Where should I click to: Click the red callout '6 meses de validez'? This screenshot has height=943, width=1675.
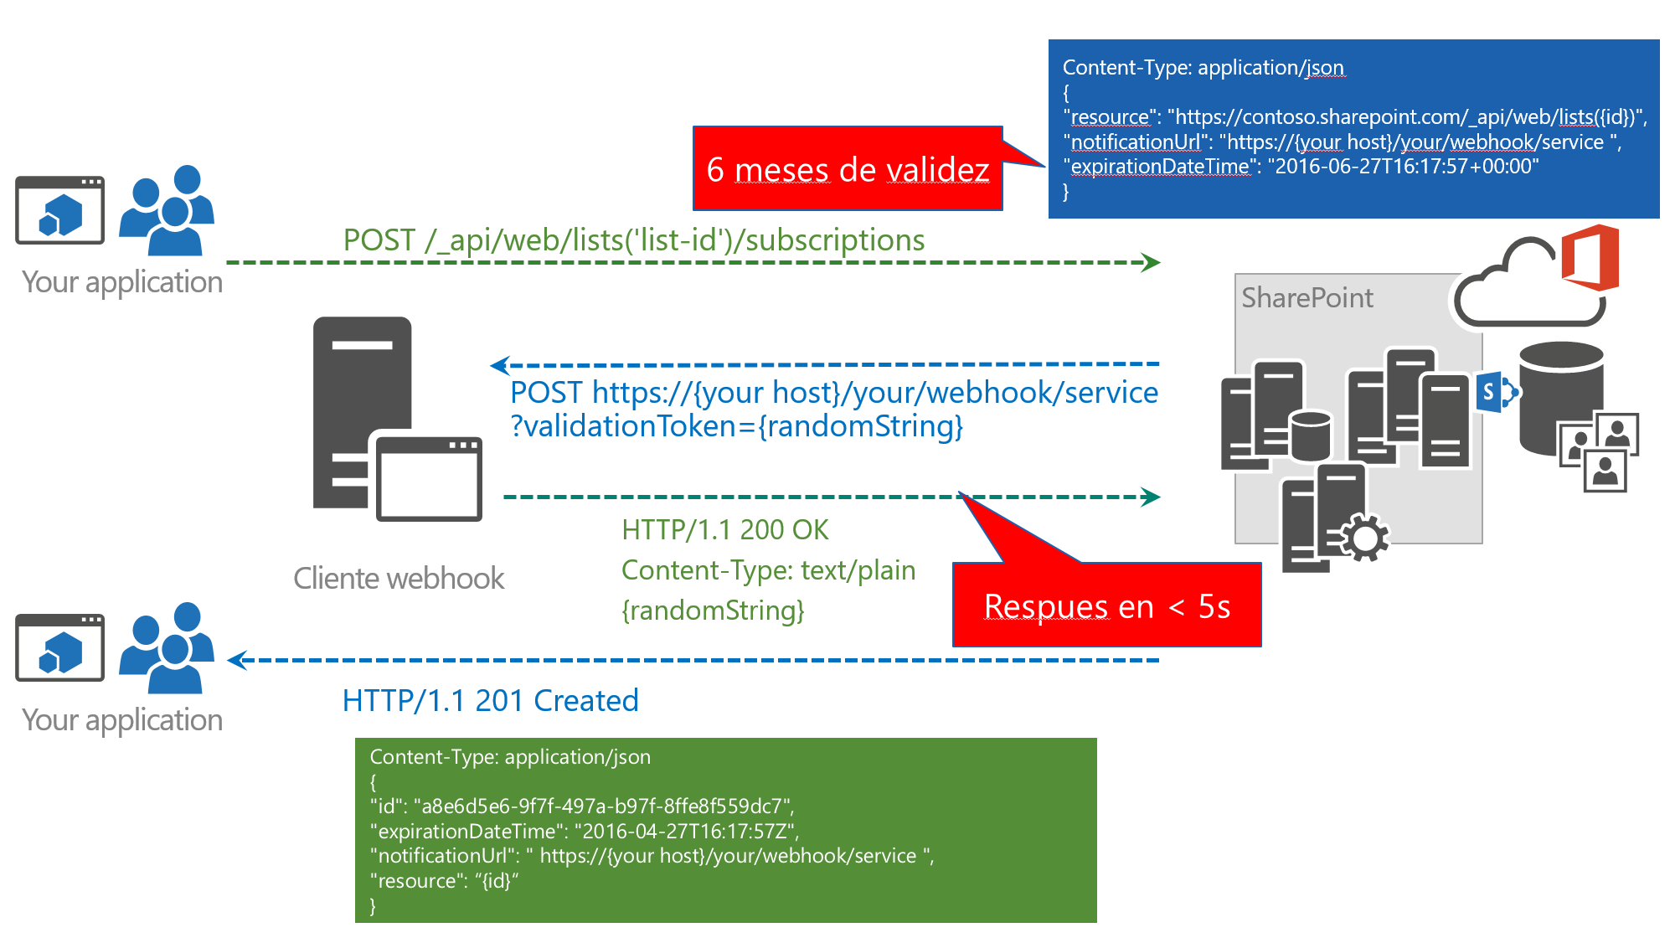click(x=848, y=169)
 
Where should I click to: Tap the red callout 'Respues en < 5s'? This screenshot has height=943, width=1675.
click(x=1106, y=605)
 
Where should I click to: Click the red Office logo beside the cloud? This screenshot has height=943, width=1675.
click(x=1590, y=257)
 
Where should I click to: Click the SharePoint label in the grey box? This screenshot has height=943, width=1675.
click(x=1306, y=298)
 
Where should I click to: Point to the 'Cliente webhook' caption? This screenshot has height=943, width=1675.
click(x=399, y=579)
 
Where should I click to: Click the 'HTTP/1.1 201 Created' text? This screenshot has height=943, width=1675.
click(x=490, y=700)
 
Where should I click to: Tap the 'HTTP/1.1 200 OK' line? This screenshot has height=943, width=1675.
click(x=724, y=529)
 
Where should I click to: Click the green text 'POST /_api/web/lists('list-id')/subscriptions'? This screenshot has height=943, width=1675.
click(x=633, y=240)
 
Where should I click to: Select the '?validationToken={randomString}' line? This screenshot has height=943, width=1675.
click(x=737, y=426)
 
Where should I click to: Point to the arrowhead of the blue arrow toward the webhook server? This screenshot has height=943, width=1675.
click(x=499, y=365)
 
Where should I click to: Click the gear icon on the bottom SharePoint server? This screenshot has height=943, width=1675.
click(x=1364, y=538)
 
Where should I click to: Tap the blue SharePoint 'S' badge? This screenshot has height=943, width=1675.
click(x=1490, y=391)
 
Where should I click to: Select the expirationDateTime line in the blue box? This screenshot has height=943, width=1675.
click(x=1304, y=167)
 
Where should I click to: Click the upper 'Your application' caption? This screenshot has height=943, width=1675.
click(x=122, y=282)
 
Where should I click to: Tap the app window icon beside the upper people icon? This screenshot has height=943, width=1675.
click(x=60, y=210)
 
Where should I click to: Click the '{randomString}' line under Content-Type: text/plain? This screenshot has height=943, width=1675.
click(x=713, y=611)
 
